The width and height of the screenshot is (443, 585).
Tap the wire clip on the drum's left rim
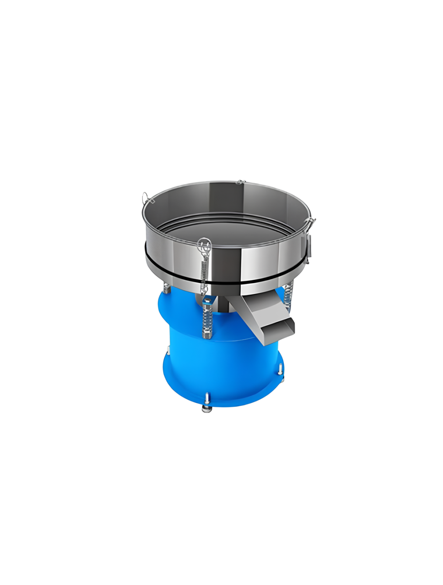pos(147,198)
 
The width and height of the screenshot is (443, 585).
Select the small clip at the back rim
pos(240,181)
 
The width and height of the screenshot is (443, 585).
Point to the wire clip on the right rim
pos(312,220)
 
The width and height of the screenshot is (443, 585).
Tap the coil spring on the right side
pos(289,295)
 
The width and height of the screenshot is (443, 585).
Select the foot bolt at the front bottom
pos(206,408)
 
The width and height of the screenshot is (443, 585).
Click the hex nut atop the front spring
pos(206,302)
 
